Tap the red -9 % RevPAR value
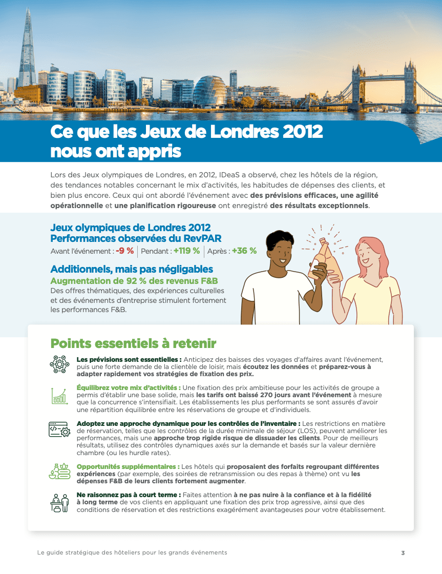tap(124, 251)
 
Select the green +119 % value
tap(186, 251)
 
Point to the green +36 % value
tap(244, 251)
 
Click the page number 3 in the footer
tap(403, 553)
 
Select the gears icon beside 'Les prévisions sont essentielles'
tap(59, 364)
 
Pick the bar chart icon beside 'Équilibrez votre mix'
tap(59, 395)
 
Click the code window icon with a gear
tap(59, 429)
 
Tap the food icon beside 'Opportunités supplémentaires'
tap(59, 470)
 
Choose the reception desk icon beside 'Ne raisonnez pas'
tap(59, 502)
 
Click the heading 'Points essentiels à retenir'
tap(133, 343)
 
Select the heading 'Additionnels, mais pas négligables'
tap(132, 269)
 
